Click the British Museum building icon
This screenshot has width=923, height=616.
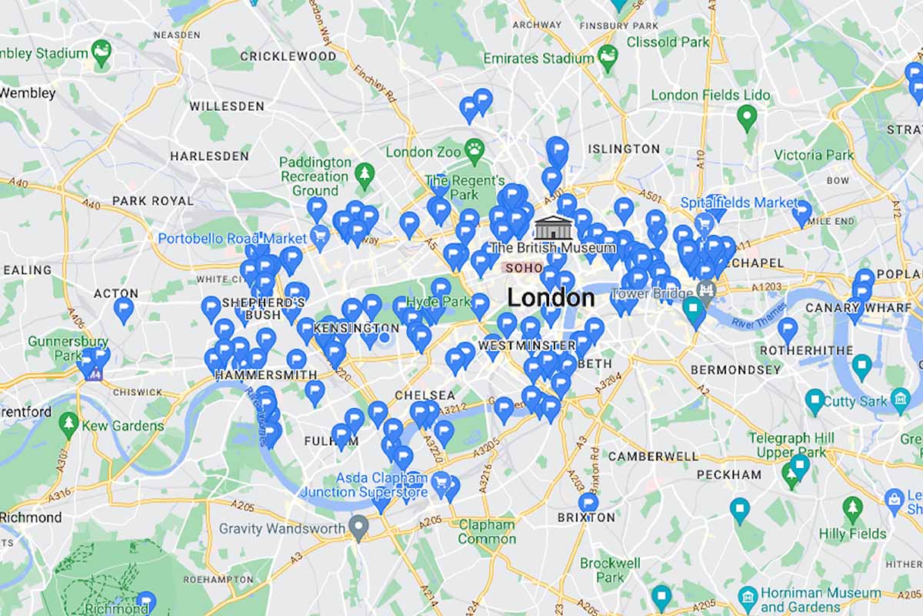coord(550,228)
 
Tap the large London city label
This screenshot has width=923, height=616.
coord(551,297)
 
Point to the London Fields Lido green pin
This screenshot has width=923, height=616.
coord(745,117)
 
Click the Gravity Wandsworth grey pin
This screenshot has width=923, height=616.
coord(358,527)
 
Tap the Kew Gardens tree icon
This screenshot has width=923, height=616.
coord(69,423)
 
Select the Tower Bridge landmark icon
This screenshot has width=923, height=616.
coord(705,291)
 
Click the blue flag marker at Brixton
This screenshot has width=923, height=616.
coord(588,504)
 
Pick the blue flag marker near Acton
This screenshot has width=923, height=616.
coord(124,310)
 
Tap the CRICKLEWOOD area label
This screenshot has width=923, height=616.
coord(288,56)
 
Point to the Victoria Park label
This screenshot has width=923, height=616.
coord(814,155)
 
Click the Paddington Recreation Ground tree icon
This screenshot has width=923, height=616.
coord(364,174)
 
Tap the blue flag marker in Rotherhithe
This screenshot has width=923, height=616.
coord(787,330)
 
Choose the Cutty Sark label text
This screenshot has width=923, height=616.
coord(855,401)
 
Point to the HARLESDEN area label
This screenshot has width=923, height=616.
coord(209,156)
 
